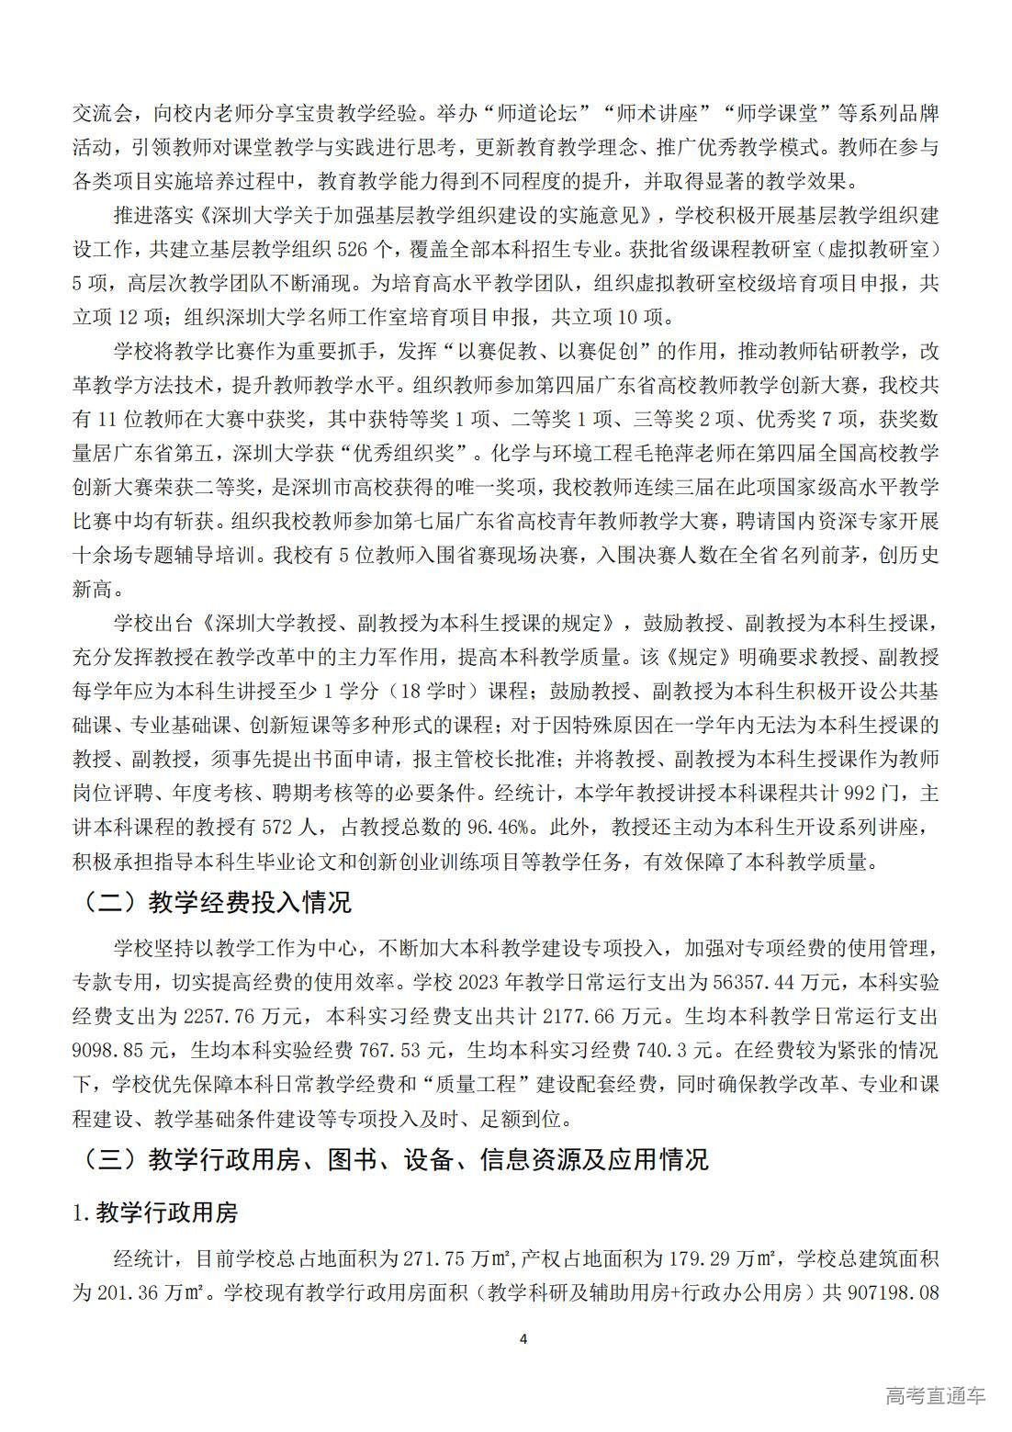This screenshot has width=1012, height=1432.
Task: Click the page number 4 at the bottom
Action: point(523,1338)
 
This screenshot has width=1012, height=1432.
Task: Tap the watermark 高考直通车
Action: point(935,1395)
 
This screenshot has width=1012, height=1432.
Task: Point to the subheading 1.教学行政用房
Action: point(155,1213)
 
